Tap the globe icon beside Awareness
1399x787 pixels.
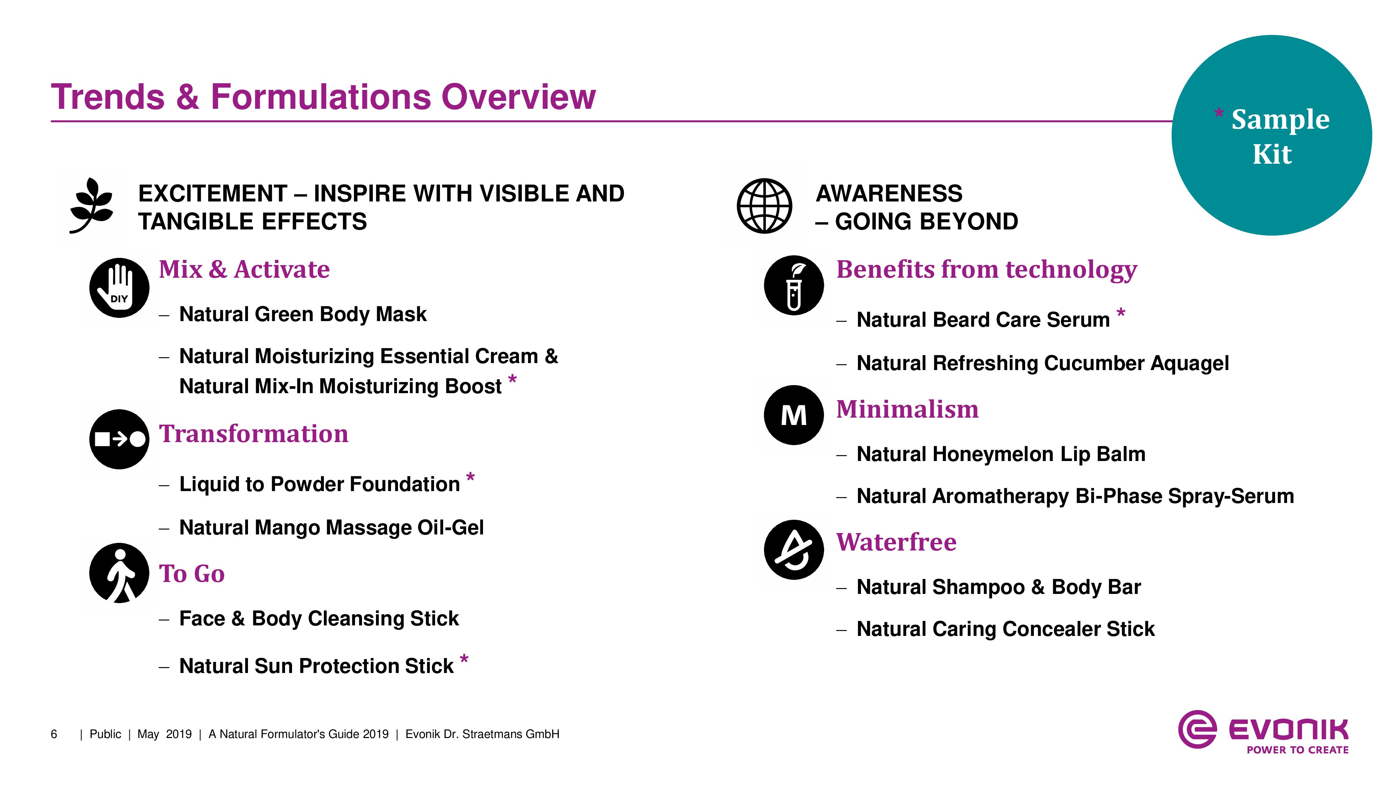coord(764,206)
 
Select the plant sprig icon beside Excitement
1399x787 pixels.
coord(92,205)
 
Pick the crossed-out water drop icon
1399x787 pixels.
coord(794,550)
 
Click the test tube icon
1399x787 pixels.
coord(794,285)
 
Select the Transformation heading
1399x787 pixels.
coord(254,434)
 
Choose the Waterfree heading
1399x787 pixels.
coord(896,542)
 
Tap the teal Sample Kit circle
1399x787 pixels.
coord(1272,135)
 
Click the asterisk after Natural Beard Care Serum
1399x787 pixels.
coord(1121,313)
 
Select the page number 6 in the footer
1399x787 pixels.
coord(54,734)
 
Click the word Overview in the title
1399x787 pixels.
coord(519,97)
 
